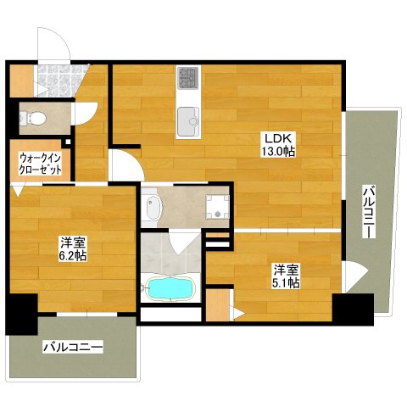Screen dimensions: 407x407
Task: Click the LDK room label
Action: point(278,139)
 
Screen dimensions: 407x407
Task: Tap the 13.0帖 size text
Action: point(278,152)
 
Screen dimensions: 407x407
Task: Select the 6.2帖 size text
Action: point(73,256)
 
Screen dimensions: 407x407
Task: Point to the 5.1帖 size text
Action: point(286,282)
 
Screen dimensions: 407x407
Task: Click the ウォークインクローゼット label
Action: point(40,164)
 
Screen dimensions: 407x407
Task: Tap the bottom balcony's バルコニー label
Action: point(73,347)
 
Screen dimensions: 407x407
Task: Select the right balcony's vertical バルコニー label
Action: point(369,211)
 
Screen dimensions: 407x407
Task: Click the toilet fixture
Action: point(33,118)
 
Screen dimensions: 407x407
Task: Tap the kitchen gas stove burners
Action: point(187,77)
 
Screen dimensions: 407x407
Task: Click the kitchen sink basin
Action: point(188,121)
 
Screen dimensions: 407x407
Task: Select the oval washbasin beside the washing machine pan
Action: point(153,208)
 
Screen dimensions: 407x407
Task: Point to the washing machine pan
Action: point(217,207)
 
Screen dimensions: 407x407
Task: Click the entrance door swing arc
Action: point(65,39)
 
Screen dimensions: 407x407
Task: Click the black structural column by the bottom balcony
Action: point(21,315)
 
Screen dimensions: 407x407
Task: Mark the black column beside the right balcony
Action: point(353,309)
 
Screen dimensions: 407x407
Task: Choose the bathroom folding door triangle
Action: point(184,241)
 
